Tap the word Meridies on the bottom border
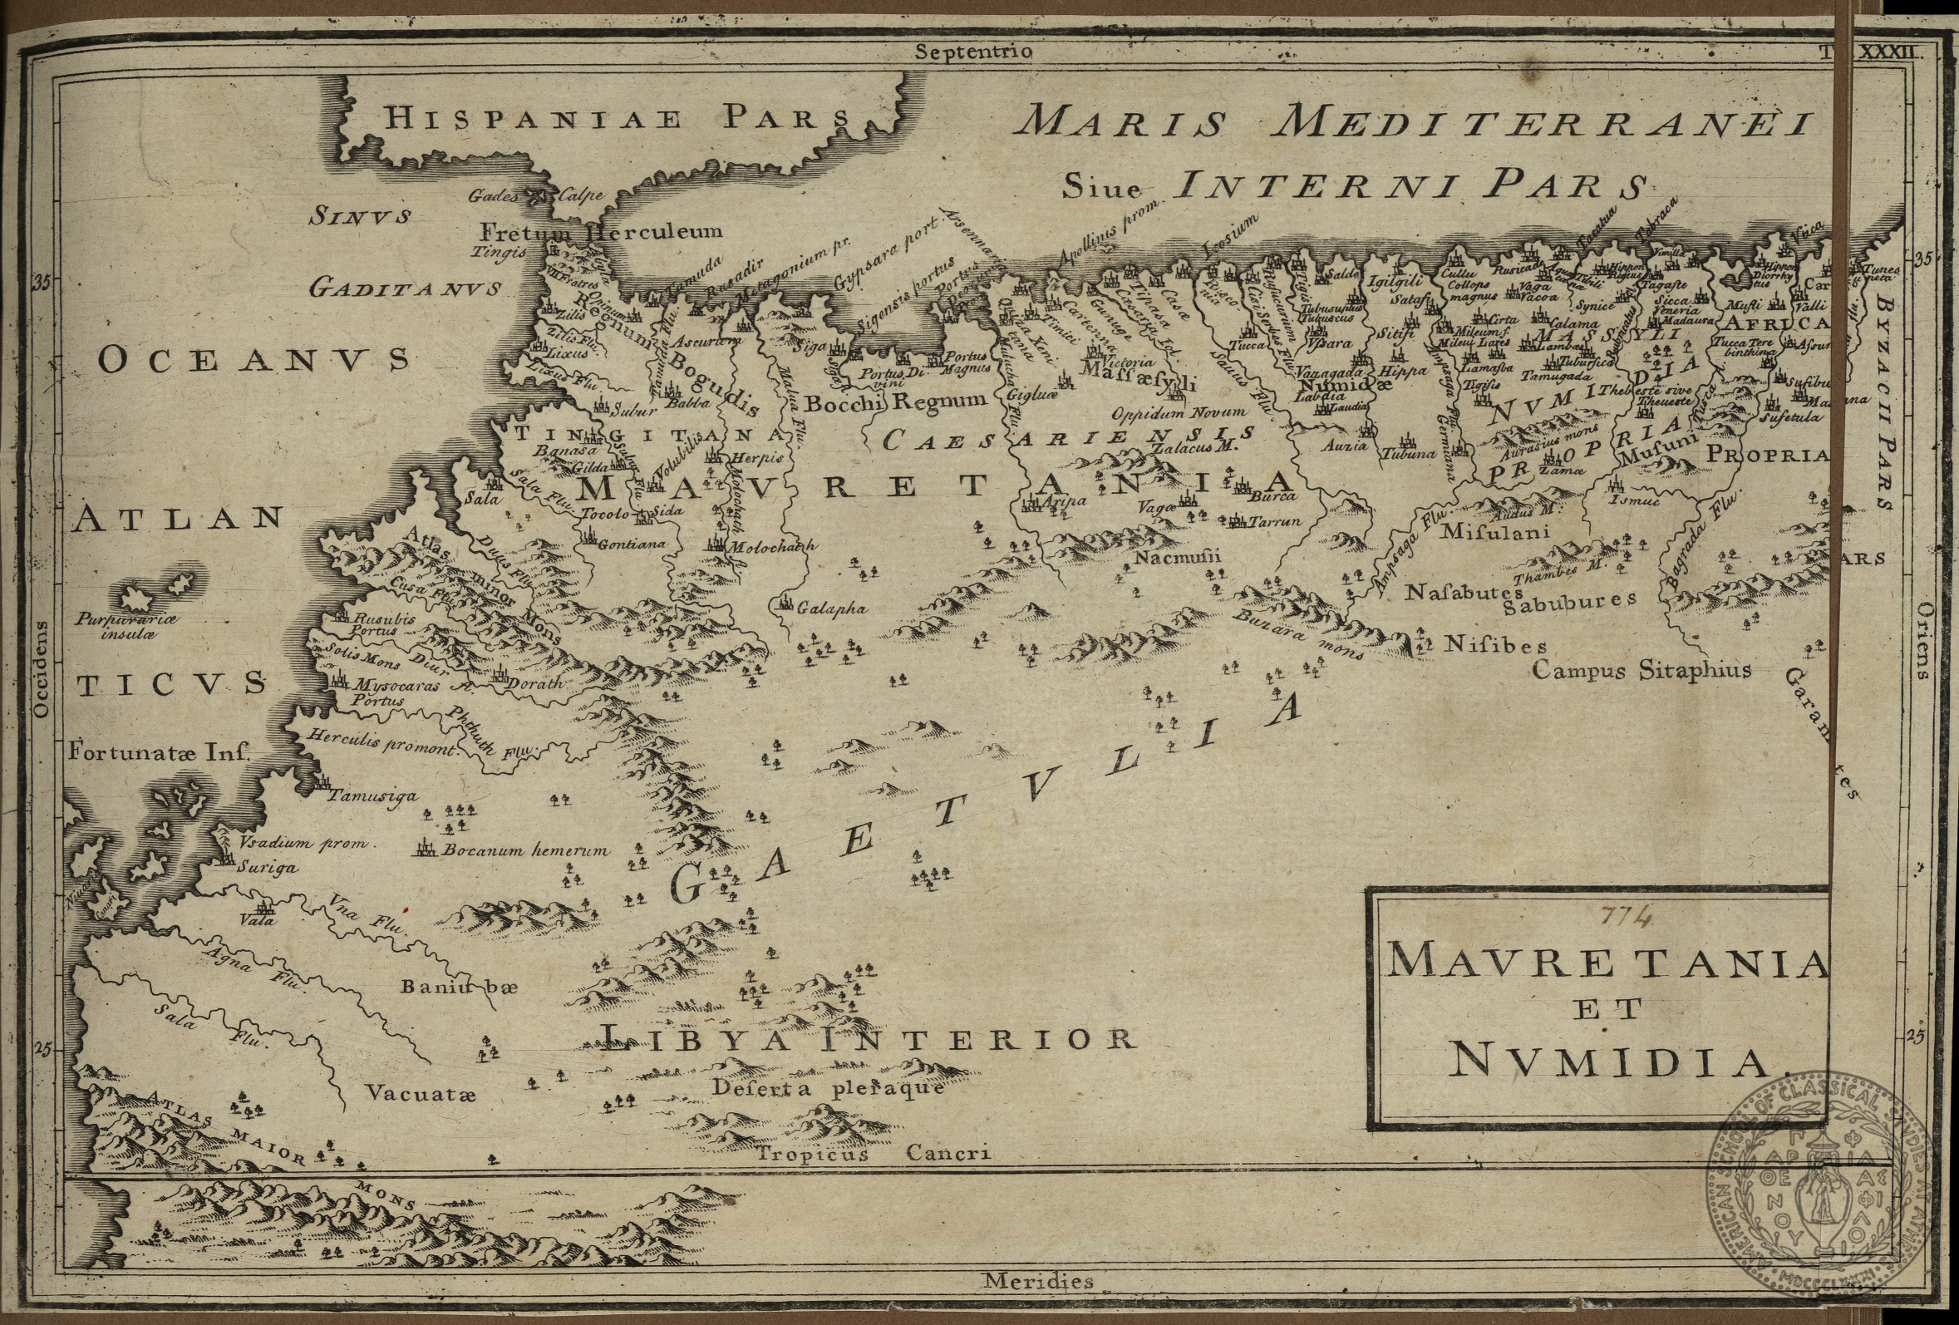tap(1038, 1282)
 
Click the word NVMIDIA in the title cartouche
tap(1608, 1064)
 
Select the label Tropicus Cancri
tap(873, 1154)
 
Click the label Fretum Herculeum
tap(600, 231)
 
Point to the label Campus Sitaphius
tap(1642, 671)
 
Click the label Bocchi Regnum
tap(894, 402)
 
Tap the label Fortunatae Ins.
tap(160, 751)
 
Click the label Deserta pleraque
tap(827, 1087)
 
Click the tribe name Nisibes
tap(1495, 646)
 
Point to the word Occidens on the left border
tap(42, 671)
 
